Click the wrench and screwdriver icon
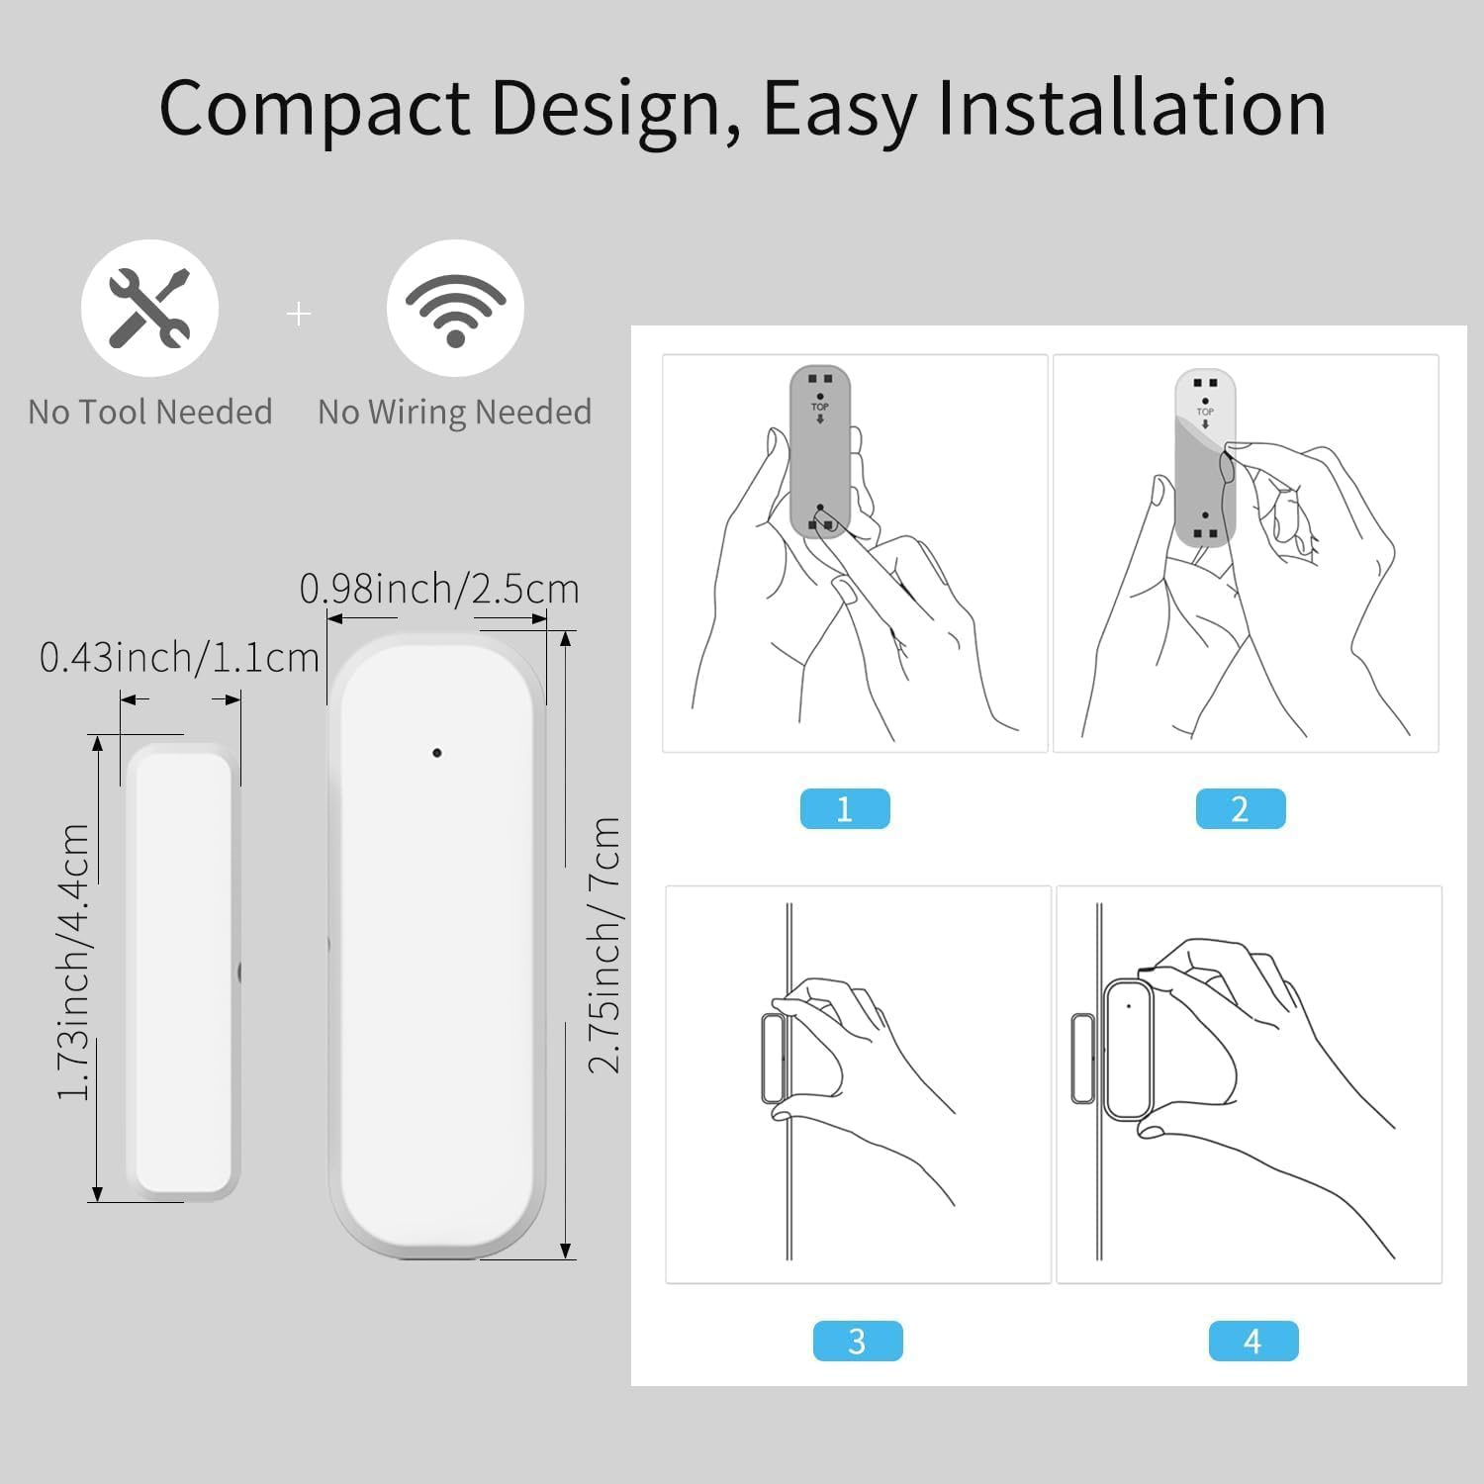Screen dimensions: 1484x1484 pos(149,308)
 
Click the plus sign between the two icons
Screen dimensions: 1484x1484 pos(298,314)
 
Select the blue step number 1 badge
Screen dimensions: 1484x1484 pos(845,809)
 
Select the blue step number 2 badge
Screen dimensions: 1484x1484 pos(1241,809)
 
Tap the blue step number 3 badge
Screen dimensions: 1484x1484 pos(858,1341)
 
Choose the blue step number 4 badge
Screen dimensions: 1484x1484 pos(1253,1341)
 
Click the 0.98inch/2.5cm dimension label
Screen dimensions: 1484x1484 pos(439,589)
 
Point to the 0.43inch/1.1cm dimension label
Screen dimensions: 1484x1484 pos(179,657)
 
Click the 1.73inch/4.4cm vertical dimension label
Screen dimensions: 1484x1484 pos(74,962)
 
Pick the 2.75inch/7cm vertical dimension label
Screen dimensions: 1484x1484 pos(604,945)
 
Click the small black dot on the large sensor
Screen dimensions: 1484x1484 pos(437,753)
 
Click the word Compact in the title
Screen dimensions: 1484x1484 pos(314,108)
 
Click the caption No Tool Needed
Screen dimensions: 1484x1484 pos(150,412)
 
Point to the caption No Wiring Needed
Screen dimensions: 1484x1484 pos(455,412)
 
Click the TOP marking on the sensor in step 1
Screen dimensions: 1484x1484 pos(820,407)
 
